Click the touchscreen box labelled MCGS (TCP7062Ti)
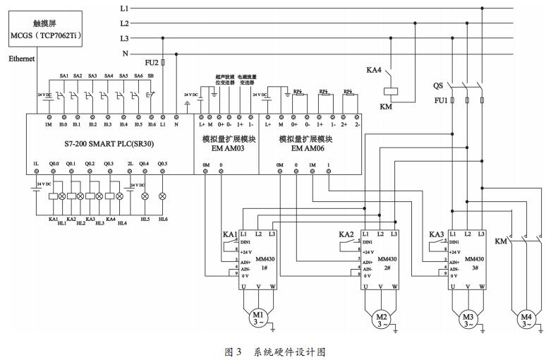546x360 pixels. coord(45,29)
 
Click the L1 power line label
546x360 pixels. coord(124,8)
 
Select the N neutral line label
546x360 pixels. coord(125,54)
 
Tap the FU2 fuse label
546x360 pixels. coord(152,62)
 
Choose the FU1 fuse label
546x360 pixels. coord(440,101)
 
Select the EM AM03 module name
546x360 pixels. coord(223,149)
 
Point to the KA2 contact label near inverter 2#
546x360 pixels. coord(346,234)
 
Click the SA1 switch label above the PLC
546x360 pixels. coord(63,76)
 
